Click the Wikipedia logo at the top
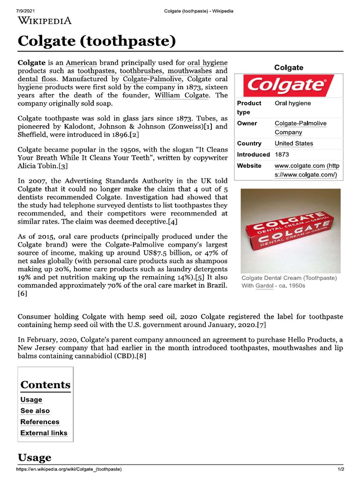click(45, 20)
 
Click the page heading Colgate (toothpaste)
click(97, 41)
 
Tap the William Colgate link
click(180, 95)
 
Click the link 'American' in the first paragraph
click(81, 62)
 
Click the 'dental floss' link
click(37, 79)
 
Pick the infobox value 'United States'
click(293, 143)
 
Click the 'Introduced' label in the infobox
click(253, 154)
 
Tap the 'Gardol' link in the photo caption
click(265, 285)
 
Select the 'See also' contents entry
click(36, 411)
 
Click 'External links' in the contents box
click(44, 433)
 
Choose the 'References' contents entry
click(40, 422)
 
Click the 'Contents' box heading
click(45, 385)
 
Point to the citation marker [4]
click(173, 222)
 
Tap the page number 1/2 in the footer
click(341, 469)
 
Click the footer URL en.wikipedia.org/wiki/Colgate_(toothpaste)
click(69, 469)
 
